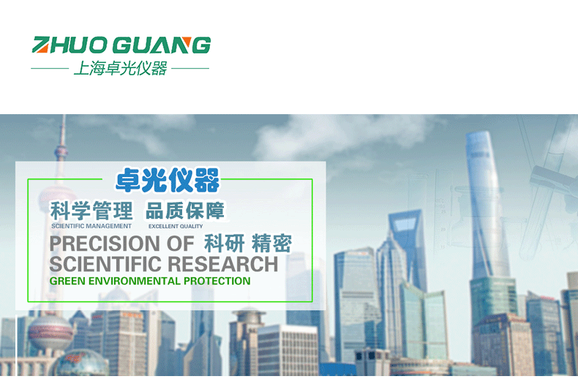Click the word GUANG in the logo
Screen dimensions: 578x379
(162, 45)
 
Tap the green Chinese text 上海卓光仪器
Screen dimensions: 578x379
(120, 69)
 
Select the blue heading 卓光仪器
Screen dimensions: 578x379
(168, 180)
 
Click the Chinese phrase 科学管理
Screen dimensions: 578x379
(91, 211)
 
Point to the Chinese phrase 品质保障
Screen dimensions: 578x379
(185, 211)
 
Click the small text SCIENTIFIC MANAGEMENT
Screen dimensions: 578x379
(91, 226)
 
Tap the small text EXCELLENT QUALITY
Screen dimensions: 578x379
(176, 226)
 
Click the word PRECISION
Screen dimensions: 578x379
(105, 244)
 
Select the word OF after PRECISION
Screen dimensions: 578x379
(180, 244)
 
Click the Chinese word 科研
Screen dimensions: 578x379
(224, 244)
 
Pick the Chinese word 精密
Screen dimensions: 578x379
(271, 244)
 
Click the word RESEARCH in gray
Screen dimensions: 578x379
(223, 264)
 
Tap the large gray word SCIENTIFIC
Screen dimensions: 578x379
(105, 264)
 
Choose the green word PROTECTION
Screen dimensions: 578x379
(217, 281)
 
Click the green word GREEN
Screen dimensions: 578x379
(67, 281)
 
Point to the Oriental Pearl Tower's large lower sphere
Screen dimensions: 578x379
(50, 332)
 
